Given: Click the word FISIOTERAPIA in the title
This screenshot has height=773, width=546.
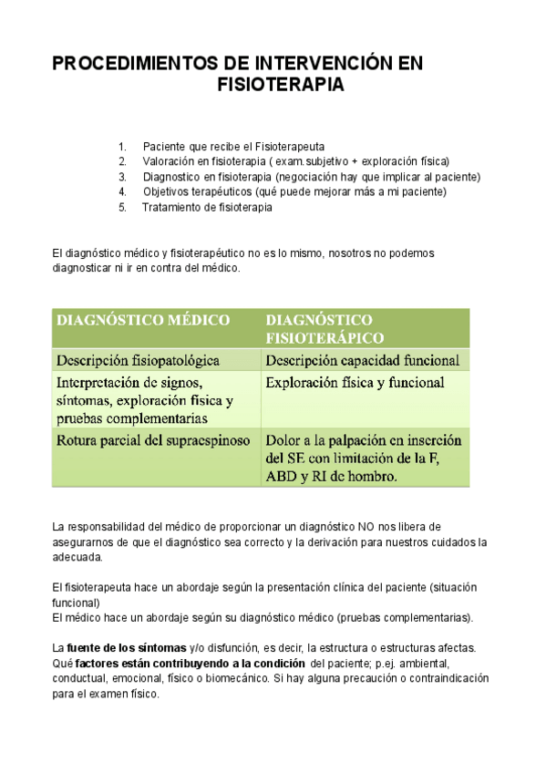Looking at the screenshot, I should point(281,86).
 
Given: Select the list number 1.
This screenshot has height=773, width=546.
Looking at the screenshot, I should point(122,147).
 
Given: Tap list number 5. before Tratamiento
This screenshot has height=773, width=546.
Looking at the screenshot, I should point(122,208).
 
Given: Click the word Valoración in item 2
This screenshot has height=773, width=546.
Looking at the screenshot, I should point(170,161).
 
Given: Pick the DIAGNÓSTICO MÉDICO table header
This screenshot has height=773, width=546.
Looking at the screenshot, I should point(143,320).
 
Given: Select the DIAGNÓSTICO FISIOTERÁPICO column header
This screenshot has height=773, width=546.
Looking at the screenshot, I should point(318,328).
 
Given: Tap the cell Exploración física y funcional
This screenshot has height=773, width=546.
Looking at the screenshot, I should point(355,383).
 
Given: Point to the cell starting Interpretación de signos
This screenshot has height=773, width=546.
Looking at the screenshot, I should point(145,400).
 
